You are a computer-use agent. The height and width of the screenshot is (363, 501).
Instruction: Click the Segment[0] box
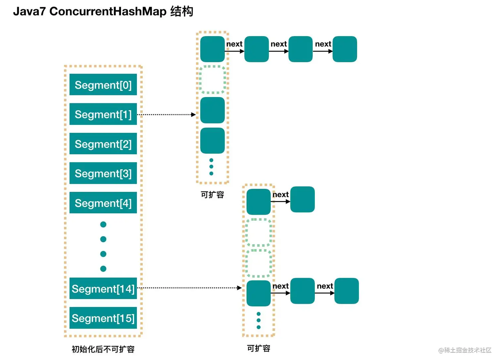point(103,85)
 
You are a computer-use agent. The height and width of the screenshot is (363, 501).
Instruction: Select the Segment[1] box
point(103,114)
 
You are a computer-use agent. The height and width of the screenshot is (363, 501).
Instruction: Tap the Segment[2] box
point(103,144)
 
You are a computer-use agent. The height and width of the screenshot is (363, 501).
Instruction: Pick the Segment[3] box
point(103,173)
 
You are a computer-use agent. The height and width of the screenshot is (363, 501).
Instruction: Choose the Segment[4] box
point(103,203)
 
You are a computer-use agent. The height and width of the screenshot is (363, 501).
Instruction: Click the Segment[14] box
point(103,288)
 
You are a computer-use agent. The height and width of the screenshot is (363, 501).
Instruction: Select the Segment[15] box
point(103,318)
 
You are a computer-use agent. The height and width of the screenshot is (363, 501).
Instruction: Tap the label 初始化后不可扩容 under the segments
point(103,349)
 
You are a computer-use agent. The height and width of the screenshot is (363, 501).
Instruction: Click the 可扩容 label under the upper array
point(212,195)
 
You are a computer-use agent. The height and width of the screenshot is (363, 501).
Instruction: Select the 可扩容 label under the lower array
point(258,348)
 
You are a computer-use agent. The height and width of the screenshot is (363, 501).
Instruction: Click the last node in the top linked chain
point(345,49)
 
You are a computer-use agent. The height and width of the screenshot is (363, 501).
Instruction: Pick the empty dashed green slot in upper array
point(212,79)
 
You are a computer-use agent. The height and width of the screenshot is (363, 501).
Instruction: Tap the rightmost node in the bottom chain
point(346,291)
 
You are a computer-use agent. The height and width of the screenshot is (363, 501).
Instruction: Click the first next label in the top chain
point(234,44)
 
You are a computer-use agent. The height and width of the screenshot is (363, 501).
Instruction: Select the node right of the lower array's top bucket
point(302,199)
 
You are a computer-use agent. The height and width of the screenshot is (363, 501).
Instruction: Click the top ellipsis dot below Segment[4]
point(103,225)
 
